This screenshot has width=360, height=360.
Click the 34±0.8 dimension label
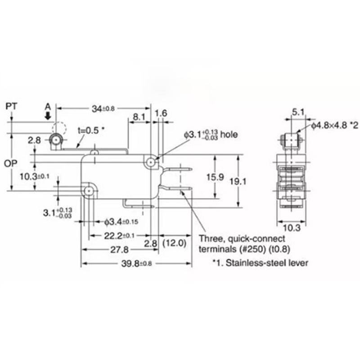coord(103,108)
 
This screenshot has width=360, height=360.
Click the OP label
coord(11,162)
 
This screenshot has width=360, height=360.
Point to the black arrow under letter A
coord(48,117)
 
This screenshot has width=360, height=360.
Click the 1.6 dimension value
coord(162,113)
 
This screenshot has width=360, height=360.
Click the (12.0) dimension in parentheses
coord(174,243)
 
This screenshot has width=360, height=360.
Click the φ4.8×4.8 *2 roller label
coord(332,126)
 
